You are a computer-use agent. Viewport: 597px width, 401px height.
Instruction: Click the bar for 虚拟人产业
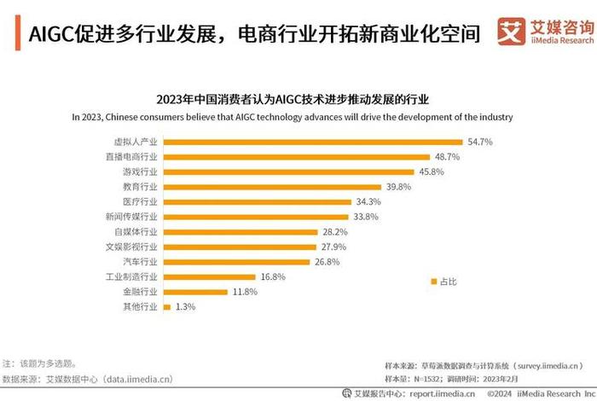(x=312, y=142)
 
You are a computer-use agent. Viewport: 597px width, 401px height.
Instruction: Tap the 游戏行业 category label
(x=141, y=171)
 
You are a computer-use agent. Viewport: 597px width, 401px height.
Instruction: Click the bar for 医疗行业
(x=257, y=201)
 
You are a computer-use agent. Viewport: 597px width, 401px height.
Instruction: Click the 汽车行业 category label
(x=141, y=262)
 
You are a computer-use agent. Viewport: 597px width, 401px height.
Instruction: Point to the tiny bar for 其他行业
(x=166, y=306)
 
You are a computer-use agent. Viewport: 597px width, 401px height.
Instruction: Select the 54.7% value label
(x=479, y=142)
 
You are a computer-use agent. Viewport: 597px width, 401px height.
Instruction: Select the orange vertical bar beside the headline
(x=18, y=33)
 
